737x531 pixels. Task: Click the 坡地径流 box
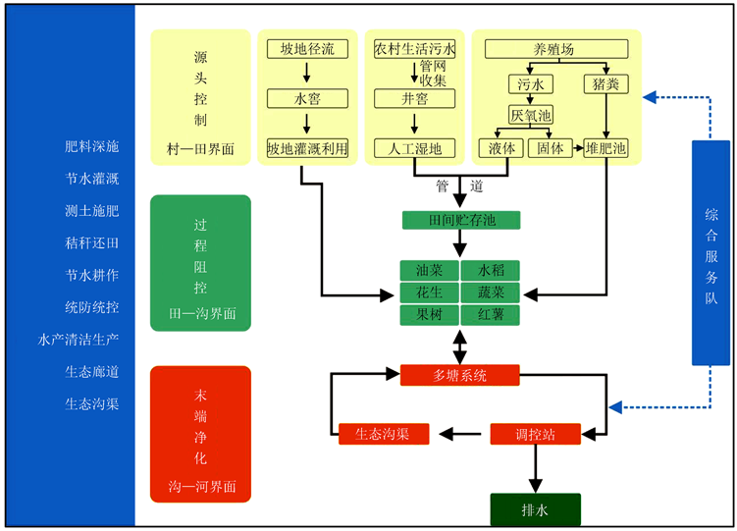307,48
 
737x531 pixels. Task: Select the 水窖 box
307,98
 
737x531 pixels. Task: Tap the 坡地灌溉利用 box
307,149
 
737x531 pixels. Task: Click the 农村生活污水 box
415,48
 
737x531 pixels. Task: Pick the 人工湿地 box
415,149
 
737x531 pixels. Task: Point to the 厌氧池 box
530,116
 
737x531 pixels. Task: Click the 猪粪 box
605,84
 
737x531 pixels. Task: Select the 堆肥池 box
605,149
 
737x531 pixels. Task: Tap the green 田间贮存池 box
460,220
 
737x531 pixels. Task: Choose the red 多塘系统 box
459,374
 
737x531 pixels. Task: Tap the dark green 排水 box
535,509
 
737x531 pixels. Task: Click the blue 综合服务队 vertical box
711,252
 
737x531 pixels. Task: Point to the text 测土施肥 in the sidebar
91,210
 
